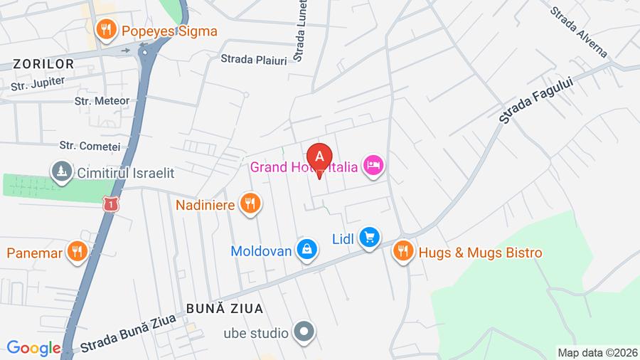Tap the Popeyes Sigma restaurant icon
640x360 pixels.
[106, 30]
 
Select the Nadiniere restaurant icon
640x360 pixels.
[249, 205]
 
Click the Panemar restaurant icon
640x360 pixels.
[77, 252]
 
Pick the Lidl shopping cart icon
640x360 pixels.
[368, 238]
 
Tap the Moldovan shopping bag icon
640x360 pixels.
[307, 250]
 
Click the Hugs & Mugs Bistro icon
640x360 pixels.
[403, 252]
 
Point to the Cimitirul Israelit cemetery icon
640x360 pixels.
[62, 171]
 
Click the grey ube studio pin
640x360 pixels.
[305, 332]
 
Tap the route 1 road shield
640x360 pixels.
[110, 205]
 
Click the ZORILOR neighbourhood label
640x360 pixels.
[42, 64]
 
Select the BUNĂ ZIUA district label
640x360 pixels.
[225, 308]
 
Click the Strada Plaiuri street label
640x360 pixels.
[254, 60]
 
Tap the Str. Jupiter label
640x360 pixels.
[38, 84]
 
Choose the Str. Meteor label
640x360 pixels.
[102, 101]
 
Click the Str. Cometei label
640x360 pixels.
[90, 146]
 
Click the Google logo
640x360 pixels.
[34, 349]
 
